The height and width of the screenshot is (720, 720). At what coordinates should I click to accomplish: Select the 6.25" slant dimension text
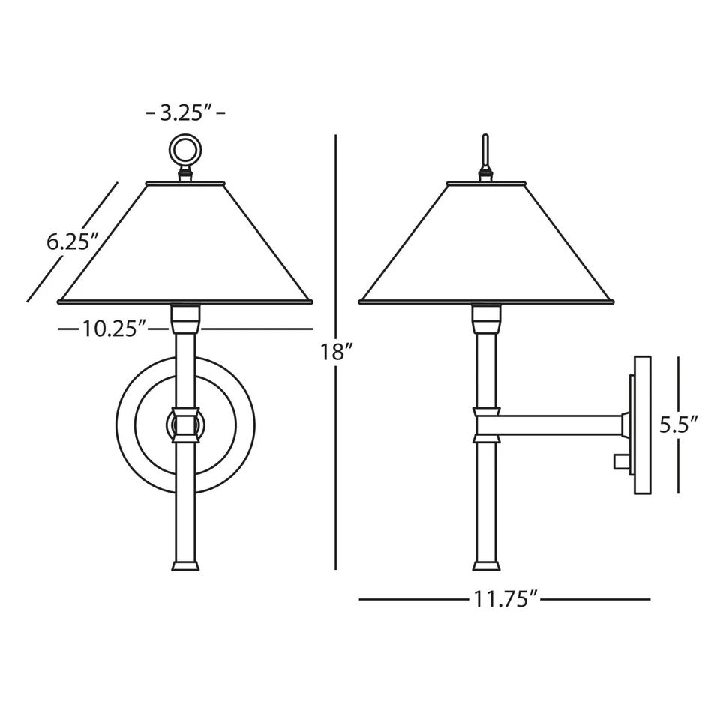pos(73,241)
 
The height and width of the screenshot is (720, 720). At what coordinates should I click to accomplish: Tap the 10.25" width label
pos(113,328)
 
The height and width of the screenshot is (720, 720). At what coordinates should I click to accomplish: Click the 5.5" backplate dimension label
pos(679,424)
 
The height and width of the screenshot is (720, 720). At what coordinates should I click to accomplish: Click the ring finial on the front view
pos(184,151)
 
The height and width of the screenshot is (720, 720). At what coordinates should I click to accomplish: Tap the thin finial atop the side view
pos(485,154)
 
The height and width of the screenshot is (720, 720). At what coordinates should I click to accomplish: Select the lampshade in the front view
pos(184,244)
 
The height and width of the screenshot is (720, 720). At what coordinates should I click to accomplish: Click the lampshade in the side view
pos(485,244)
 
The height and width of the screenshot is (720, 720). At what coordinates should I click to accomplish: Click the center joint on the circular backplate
pos(185,424)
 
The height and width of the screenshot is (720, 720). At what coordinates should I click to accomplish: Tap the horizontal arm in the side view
pos(559,424)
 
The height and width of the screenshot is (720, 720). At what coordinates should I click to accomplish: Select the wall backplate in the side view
pos(642,424)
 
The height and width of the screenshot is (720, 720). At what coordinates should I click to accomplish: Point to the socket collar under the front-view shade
pos(185,319)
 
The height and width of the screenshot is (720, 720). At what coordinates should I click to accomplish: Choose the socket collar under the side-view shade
pos(486,319)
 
